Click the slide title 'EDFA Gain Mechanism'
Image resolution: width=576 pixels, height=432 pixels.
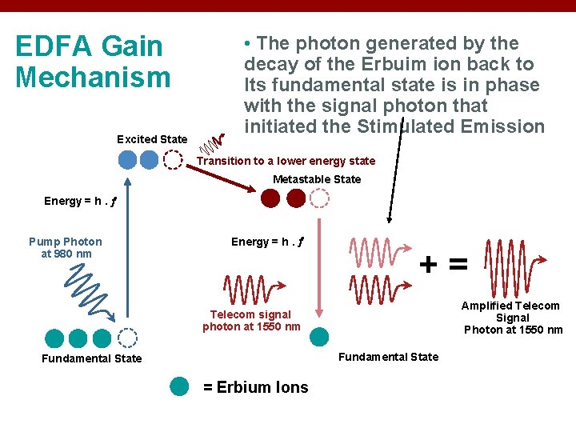click(x=93, y=62)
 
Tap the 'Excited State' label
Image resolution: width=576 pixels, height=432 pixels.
click(x=152, y=139)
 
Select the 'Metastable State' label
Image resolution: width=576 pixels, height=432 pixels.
click(x=317, y=179)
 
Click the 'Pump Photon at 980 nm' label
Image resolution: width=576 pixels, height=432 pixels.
click(x=66, y=247)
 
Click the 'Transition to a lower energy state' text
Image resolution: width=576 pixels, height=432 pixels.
click(x=286, y=161)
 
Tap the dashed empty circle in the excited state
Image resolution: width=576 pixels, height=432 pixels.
click(x=172, y=160)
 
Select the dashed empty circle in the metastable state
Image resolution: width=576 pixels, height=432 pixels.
click(x=319, y=198)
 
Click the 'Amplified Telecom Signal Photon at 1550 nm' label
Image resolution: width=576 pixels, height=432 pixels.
click(x=513, y=318)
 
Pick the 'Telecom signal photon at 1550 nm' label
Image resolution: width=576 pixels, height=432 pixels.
click(x=251, y=320)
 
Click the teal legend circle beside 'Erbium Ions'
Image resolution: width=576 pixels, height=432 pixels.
click(x=180, y=386)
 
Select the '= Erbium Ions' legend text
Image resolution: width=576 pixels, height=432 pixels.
click(x=255, y=387)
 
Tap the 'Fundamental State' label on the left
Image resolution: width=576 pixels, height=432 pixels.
click(x=92, y=358)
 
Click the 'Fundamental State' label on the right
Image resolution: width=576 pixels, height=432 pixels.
click(x=388, y=356)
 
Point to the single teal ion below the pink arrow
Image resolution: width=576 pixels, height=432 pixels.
click(x=319, y=338)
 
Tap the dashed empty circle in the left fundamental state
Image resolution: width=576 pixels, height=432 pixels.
click(x=127, y=338)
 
